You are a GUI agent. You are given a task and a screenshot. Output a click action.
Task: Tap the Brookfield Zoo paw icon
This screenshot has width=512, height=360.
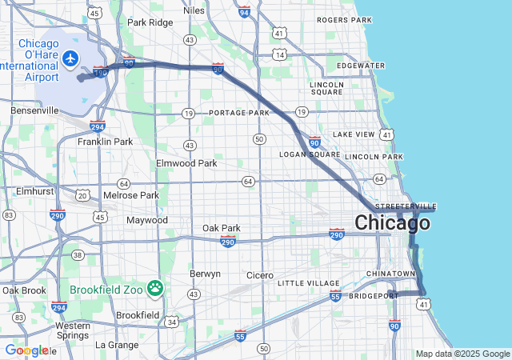tap(154, 288)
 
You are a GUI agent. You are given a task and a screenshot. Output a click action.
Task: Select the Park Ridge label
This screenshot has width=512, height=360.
tap(150, 22)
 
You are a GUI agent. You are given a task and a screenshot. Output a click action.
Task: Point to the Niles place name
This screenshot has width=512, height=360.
tap(194, 10)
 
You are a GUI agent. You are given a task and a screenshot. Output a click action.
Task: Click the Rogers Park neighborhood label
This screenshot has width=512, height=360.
tap(344, 19)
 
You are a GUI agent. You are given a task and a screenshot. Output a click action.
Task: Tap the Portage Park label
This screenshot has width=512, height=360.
tap(239, 114)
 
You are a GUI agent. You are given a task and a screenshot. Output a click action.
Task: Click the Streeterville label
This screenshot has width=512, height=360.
tap(406, 206)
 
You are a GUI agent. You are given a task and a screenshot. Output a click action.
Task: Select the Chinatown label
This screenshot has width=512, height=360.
tap(391, 274)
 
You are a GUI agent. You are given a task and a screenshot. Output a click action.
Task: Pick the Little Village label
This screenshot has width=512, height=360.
tap(309, 283)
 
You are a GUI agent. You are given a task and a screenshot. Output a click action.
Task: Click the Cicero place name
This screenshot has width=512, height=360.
tap(259, 275)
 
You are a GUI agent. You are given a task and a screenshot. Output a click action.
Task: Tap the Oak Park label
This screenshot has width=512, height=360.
tap(221, 228)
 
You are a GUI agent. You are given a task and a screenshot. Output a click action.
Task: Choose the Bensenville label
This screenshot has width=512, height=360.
tap(34, 110)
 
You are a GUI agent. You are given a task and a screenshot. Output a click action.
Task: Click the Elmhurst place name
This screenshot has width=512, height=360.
tap(34, 192)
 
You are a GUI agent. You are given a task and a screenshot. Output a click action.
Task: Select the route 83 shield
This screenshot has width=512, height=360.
tap(9, 215)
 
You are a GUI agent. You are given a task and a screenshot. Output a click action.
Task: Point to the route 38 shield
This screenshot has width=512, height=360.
tap(78, 255)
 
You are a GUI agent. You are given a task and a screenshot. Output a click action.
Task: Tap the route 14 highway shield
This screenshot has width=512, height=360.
tap(278, 54)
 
